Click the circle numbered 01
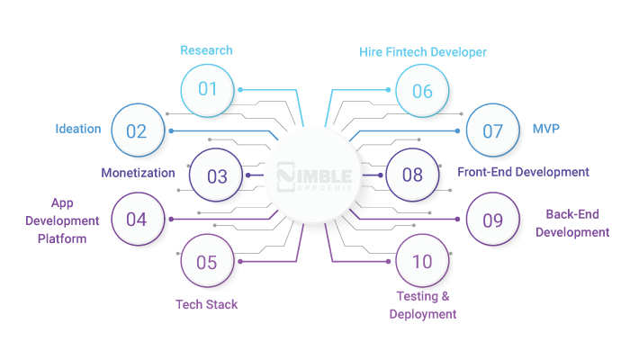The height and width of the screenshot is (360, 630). click(x=208, y=89)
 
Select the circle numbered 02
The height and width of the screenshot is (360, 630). click(x=137, y=130)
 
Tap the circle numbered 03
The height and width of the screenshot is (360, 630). click(x=217, y=176)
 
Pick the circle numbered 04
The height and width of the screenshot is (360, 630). click(x=137, y=219)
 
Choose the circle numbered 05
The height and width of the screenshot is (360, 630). click(x=207, y=262)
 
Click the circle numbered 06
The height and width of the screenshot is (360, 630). click(x=422, y=90)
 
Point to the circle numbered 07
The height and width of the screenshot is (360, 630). click(x=492, y=130)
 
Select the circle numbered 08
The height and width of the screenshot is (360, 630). click(x=412, y=175)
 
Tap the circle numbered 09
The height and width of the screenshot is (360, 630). click(x=492, y=219)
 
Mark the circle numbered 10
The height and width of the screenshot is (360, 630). click(x=422, y=262)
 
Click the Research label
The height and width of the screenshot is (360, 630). click(x=206, y=50)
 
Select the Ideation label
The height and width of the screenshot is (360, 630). click(x=77, y=129)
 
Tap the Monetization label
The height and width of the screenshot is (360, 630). click(x=138, y=173)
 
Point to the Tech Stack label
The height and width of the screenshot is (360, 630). click(x=206, y=304)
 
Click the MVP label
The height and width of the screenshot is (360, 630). click(x=545, y=129)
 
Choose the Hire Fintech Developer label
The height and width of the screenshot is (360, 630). click(x=423, y=52)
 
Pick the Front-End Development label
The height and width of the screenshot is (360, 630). click(x=523, y=171)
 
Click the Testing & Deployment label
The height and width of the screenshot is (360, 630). click(x=423, y=305)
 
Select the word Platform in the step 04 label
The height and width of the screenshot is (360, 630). click(x=62, y=238)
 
